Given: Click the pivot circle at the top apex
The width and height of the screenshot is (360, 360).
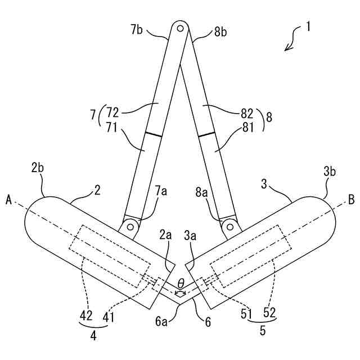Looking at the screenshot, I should (179, 26).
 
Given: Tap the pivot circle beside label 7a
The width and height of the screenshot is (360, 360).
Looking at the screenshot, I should (130, 226).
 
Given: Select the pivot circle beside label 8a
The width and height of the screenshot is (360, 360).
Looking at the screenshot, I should (229, 226).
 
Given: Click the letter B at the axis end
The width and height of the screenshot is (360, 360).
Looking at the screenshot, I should (352, 199).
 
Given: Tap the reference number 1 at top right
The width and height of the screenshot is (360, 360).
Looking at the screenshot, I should (309, 26).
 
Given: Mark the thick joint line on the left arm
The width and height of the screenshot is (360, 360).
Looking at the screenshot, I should (153, 136).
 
